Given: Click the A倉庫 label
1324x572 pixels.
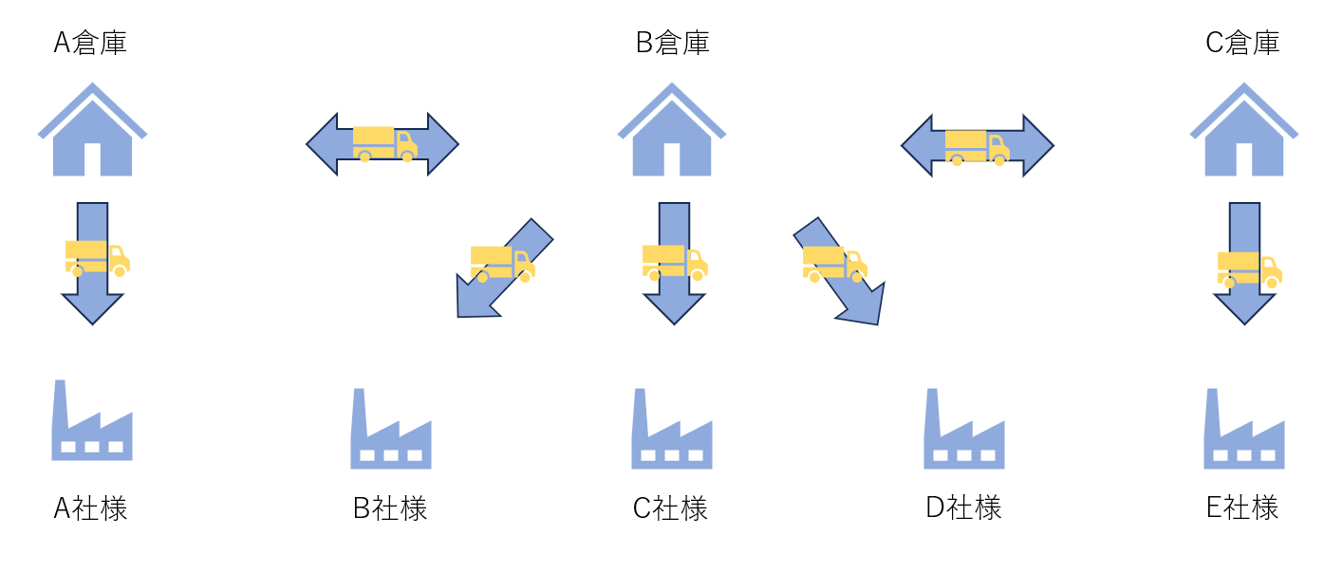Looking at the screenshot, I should pos(90,44).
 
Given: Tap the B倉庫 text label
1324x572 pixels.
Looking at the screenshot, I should pos(672,44).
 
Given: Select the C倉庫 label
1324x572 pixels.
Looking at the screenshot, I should pos(1242,44).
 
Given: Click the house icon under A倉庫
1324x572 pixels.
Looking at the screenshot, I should pos(92,132).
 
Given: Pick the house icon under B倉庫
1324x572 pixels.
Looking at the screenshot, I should pos(672,132).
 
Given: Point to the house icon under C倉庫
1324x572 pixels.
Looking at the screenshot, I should pos(1243,132).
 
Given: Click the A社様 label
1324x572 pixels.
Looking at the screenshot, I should pos(90,509).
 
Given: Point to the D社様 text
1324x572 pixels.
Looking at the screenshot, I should pos(963,508).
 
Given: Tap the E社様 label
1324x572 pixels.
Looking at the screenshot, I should pos(1242,508).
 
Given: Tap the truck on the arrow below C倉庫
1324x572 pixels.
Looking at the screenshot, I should pos(1249,268).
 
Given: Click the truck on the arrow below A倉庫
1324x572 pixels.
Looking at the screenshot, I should pos(97,257).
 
